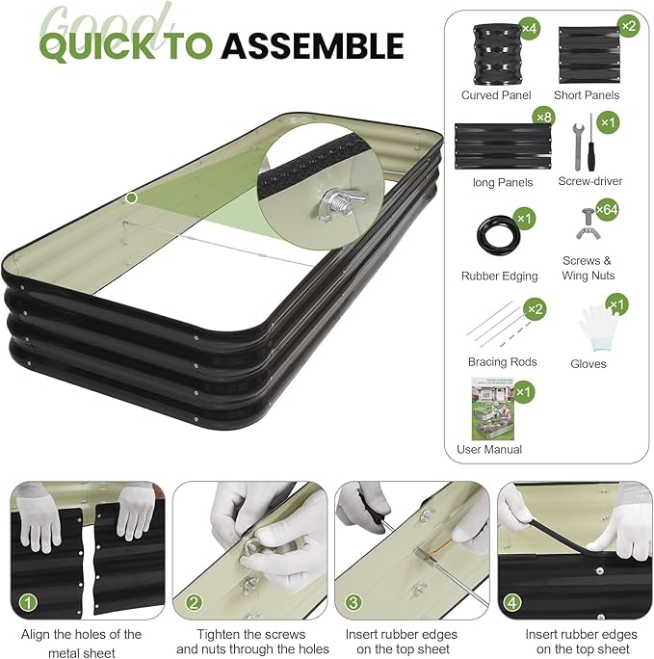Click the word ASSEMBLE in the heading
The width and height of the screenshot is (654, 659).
311,45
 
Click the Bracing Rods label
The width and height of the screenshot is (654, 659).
502,362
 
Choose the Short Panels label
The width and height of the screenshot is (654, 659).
587,95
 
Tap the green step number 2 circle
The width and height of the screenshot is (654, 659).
194,604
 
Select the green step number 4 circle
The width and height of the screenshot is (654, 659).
513,604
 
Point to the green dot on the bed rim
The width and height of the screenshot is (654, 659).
131,198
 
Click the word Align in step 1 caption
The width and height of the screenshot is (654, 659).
39,634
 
